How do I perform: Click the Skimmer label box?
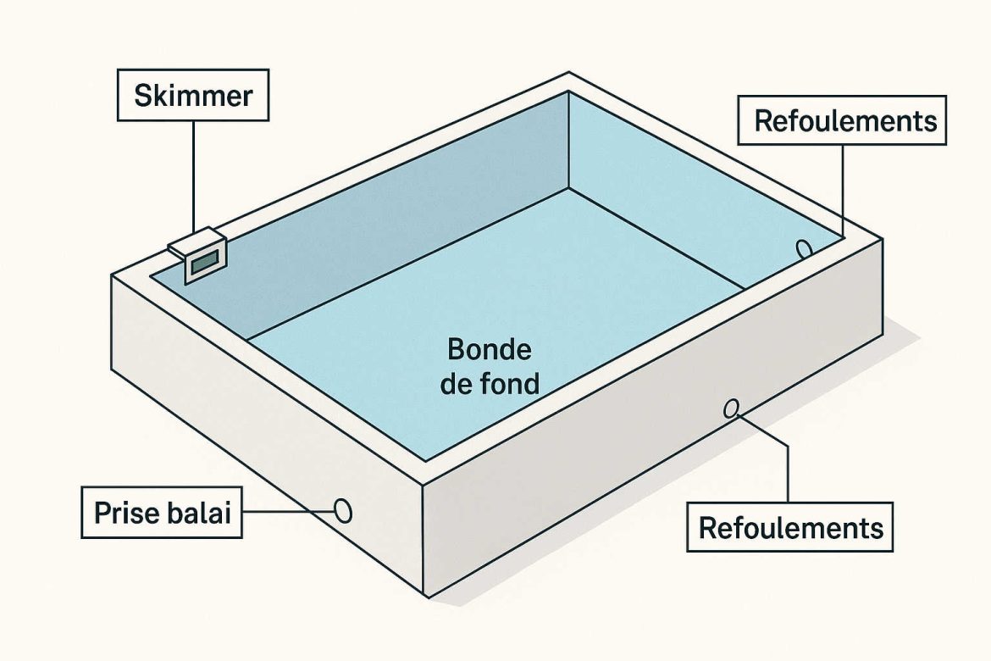pyautogui.click(x=193, y=95)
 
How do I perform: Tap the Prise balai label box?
pyautogui.click(x=162, y=513)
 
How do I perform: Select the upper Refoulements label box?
pyautogui.click(x=844, y=120)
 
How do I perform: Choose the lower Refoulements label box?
pyautogui.click(x=789, y=527)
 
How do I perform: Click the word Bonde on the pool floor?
pyautogui.click(x=489, y=349)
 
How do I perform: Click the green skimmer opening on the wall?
pyautogui.click(x=206, y=264)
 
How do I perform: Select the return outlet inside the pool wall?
pyautogui.click(x=803, y=248)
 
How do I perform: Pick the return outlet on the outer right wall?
pyautogui.click(x=731, y=409)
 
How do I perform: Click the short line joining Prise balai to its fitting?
pyautogui.click(x=288, y=512)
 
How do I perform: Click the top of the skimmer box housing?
pyautogui.click(x=193, y=242)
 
